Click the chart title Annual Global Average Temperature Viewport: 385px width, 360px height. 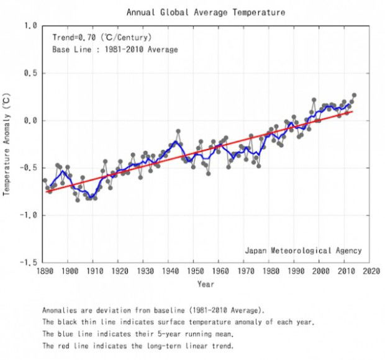tap(197, 12)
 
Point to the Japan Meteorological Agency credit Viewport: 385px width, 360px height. tap(303, 251)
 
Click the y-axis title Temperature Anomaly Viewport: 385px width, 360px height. tap(7, 144)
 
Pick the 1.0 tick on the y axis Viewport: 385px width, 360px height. tap(30, 26)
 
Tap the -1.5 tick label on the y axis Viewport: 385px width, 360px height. tap(27, 263)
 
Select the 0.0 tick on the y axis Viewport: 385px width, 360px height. tap(30, 120)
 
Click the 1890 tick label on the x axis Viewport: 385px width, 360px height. tap(45, 271)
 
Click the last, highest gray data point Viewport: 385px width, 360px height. tap(354, 96)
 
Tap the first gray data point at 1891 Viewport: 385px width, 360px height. tap(45, 181)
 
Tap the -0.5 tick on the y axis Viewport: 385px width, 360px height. tap(27, 168)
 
